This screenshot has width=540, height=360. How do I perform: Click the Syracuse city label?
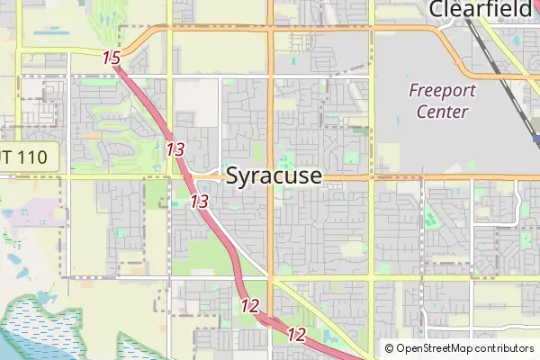point(273,175)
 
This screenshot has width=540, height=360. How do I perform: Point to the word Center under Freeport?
point(442,112)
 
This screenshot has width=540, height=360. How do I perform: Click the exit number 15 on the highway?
point(112,58)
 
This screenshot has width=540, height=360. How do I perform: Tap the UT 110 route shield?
point(27,157)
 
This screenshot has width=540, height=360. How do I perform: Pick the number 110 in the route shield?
point(36,157)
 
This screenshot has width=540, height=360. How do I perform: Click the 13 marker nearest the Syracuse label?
point(200,202)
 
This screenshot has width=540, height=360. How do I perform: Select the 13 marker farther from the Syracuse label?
point(175,148)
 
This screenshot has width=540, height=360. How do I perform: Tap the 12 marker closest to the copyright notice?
point(296,335)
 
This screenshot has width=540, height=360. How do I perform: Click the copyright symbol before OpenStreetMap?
point(390,348)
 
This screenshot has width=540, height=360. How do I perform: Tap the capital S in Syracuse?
point(232,175)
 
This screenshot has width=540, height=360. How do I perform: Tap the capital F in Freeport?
point(413,90)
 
